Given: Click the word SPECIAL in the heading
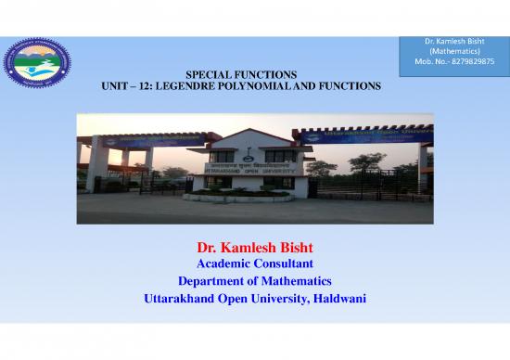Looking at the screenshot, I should (x=209, y=73).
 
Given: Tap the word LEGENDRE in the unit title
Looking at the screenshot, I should (x=203, y=85).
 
